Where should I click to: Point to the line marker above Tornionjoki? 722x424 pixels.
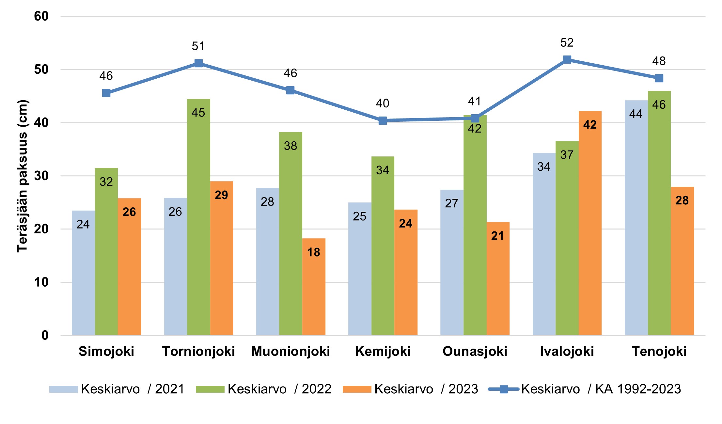[x=198, y=63]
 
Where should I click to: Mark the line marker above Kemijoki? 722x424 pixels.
[x=383, y=121]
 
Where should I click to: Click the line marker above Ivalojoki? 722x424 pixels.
[x=567, y=60]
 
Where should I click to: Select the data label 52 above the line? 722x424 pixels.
[x=567, y=43]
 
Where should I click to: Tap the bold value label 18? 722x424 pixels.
[x=314, y=252]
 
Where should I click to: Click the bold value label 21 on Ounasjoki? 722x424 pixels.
[x=497, y=236]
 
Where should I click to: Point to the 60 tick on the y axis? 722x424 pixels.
[x=41, y=16]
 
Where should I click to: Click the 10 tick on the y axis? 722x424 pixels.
[x=41, y=282]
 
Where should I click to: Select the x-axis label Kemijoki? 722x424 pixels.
[x=383, y=352]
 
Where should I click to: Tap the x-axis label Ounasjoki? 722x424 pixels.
[x=475, y=352]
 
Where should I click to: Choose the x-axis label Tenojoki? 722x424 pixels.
[x=659, y=352]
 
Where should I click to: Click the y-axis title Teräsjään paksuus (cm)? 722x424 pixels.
[x=22, y=176]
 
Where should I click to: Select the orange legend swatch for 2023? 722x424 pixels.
[x=357, y=389]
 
